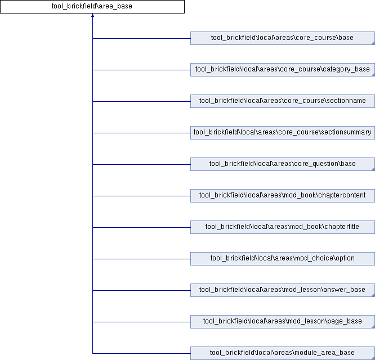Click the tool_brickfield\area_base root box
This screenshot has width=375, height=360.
tap(92, 6)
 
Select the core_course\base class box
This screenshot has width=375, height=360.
tap(283, 38)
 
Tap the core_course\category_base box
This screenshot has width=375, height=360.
tap(283, 70)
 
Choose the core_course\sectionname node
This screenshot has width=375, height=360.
tap(283, 101)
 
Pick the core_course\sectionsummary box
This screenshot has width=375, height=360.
tap(283, 133)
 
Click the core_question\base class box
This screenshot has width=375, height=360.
tap(283, 164)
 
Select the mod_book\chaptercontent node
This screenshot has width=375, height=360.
tap(283, 196)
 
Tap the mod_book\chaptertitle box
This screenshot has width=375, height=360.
tap(283, 227)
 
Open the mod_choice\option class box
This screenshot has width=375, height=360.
tap(283, 259)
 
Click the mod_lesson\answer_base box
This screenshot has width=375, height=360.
tap(283, 290)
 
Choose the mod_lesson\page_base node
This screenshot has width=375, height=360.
tap(283, 322)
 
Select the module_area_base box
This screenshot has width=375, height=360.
tap(283, 353)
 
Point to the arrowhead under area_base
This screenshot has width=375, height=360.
tap(92, 15)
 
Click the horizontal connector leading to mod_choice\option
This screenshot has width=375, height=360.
tap(141, 259)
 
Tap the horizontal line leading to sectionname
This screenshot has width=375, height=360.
tap(141, 101)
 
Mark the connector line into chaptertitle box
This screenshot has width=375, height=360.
tap(141, 227)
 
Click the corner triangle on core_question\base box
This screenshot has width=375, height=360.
tap(373, 169)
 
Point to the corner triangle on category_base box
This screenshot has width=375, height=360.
tap(373, 75)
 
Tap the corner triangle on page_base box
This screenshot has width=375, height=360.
tap(373, 327)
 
